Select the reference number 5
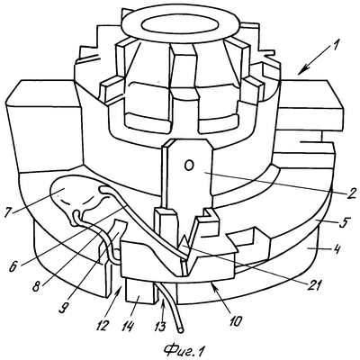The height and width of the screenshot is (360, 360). pos(344,223)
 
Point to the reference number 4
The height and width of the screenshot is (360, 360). pos(337,250)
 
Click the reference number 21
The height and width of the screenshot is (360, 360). pos(314,283)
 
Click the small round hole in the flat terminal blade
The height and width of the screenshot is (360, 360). pos(188,166)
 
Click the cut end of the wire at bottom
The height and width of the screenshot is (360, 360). pos(181,330)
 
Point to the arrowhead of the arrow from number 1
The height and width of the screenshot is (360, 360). pos(301,71)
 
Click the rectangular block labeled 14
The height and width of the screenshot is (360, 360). pos(140,290)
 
